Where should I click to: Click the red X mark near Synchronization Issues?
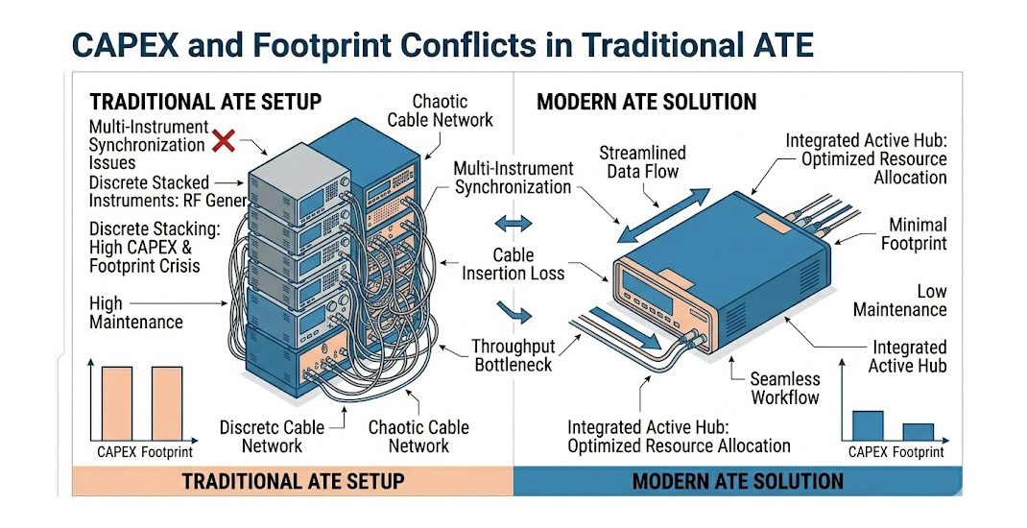pyautogui.click(x=224, y=142)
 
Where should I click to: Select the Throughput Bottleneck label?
pyautogui.click(x=513, y=355)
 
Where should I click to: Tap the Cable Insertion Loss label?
pyautogui.click(x=513, y=265)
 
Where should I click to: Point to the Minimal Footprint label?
pyautogui.click(x=913, y=232)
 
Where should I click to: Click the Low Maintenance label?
pyautogui.click(x=899, y=300)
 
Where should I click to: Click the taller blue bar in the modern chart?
pyautogui.click(x=867, y=425)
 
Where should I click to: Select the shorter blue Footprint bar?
pyautogui.click(x=918, y=431)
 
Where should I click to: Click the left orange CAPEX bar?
pyautogui.click(x=117, y=403)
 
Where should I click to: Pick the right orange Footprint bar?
pyautogui.click(x=166, y=403)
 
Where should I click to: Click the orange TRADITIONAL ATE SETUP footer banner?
pyautogui.click(x=293, y=481)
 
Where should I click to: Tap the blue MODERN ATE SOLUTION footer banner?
pyautogui.click(x=737, y=481)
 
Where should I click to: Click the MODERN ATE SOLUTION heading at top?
pyautogui.click(x=646, y=102)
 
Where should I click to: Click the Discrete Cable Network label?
pyautogui.click(x=272, y=436)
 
